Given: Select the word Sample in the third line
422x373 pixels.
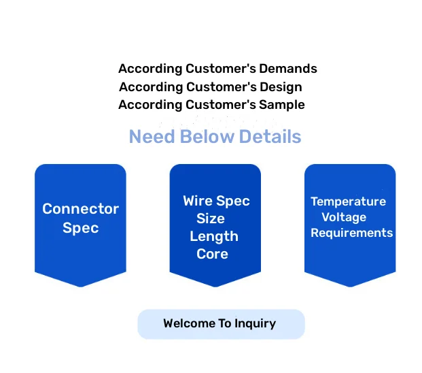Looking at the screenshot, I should pos(284,105).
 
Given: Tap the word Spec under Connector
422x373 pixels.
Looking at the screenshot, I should pos(80,228).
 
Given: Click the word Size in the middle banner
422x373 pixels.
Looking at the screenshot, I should pos(211,219).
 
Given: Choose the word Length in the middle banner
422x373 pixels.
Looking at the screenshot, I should pos(214,237).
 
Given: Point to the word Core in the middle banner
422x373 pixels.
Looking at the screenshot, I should pos(212,255).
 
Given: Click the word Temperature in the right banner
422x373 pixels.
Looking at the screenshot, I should pos(348,201).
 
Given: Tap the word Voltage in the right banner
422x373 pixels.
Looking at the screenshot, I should pos(344,217).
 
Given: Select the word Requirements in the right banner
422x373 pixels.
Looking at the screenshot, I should pos(351,233).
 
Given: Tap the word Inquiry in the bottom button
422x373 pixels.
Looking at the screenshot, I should pos(255,324).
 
